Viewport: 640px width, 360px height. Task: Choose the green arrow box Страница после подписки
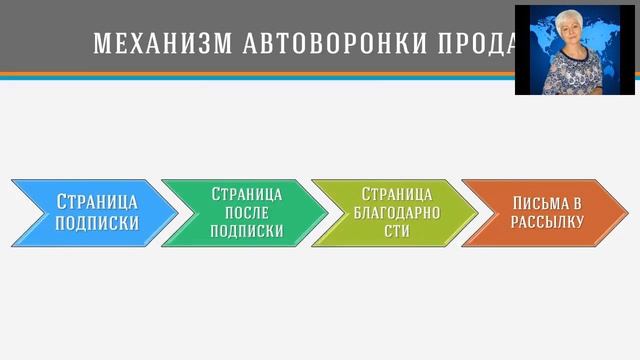click(x=244, y=213)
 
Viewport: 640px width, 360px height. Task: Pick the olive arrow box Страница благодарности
click(x=394, y=213)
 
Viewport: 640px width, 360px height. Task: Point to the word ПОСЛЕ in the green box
click(x=246, y=212)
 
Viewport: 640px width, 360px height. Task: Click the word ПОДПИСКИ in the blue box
click(x=98, y=223)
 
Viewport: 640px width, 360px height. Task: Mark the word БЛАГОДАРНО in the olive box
click(x=397, y=212)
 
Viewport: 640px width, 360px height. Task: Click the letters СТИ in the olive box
click(x=397, y=231)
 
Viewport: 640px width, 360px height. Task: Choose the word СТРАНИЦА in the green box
click(x=246, y=193)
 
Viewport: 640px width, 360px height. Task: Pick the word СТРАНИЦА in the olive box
click(x=397, y=193)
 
